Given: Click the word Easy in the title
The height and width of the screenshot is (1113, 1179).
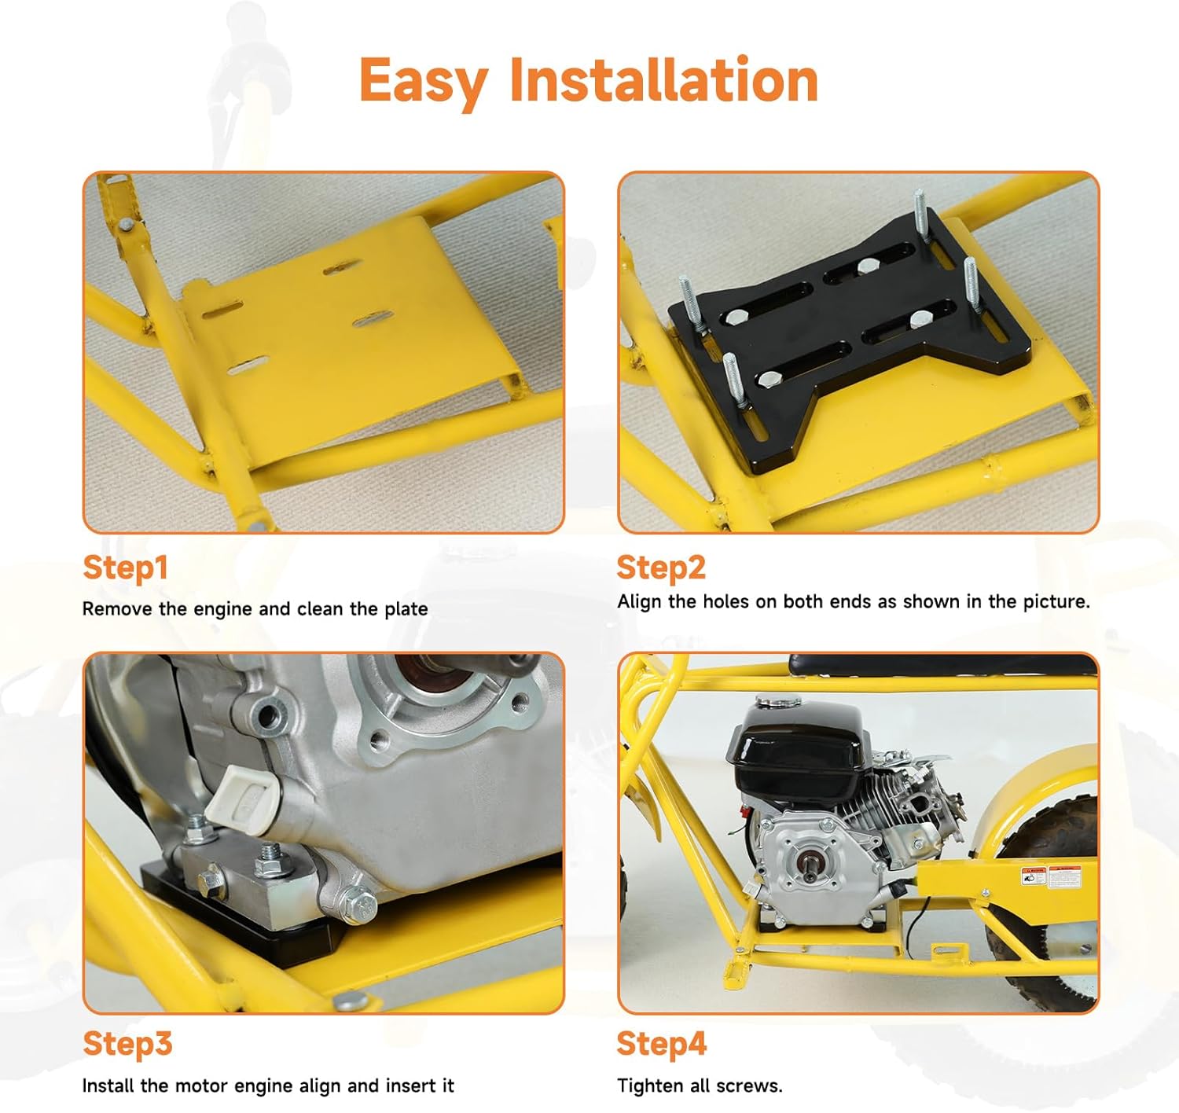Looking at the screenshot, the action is click(424, 82).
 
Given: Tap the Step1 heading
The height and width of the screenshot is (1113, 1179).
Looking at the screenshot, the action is click(125, 568).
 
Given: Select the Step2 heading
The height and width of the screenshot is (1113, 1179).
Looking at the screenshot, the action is click(661, 568).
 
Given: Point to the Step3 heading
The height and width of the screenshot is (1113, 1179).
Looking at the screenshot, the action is click(127, 1044).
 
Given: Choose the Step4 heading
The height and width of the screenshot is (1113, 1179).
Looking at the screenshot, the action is click(661, 1044).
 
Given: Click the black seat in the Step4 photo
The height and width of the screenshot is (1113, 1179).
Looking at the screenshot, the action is click(944, 665).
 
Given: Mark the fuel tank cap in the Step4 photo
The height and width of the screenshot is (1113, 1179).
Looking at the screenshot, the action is click(777, 701).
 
